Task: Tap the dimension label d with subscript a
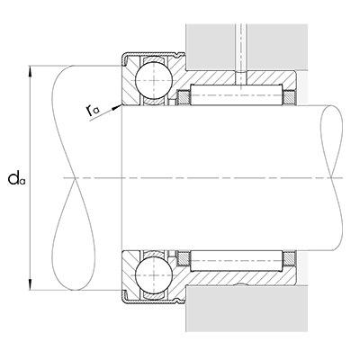pyautogui.click(x=15, y=179)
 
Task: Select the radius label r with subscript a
pyautogui.click(x=94, y=110)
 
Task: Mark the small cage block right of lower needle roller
pyautogui.click(x=291, y=260)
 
